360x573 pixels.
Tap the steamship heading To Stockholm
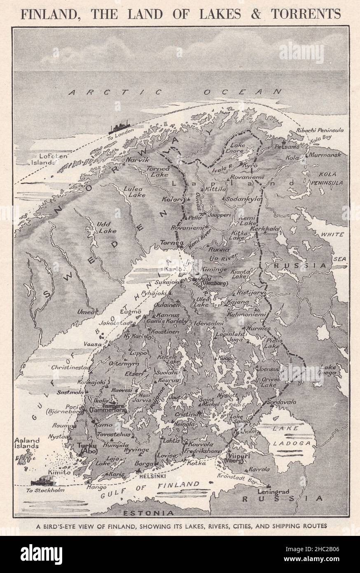[x=45, y=481]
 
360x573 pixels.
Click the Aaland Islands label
[x=26, y=442]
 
